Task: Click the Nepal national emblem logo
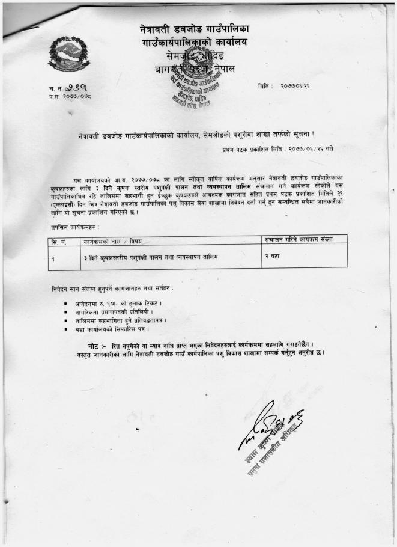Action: [68, 53]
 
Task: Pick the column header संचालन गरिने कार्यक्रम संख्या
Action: [299, 239]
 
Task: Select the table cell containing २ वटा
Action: [276, 256]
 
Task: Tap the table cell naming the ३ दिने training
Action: [151, 256]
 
